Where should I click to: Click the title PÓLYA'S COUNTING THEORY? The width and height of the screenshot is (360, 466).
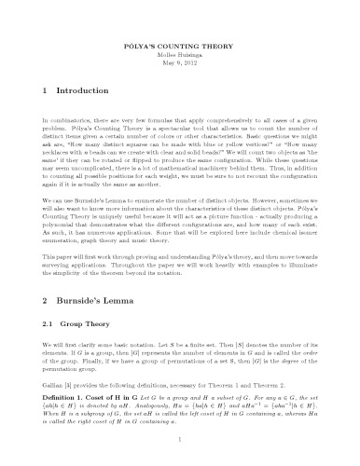(x=179, y=44)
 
